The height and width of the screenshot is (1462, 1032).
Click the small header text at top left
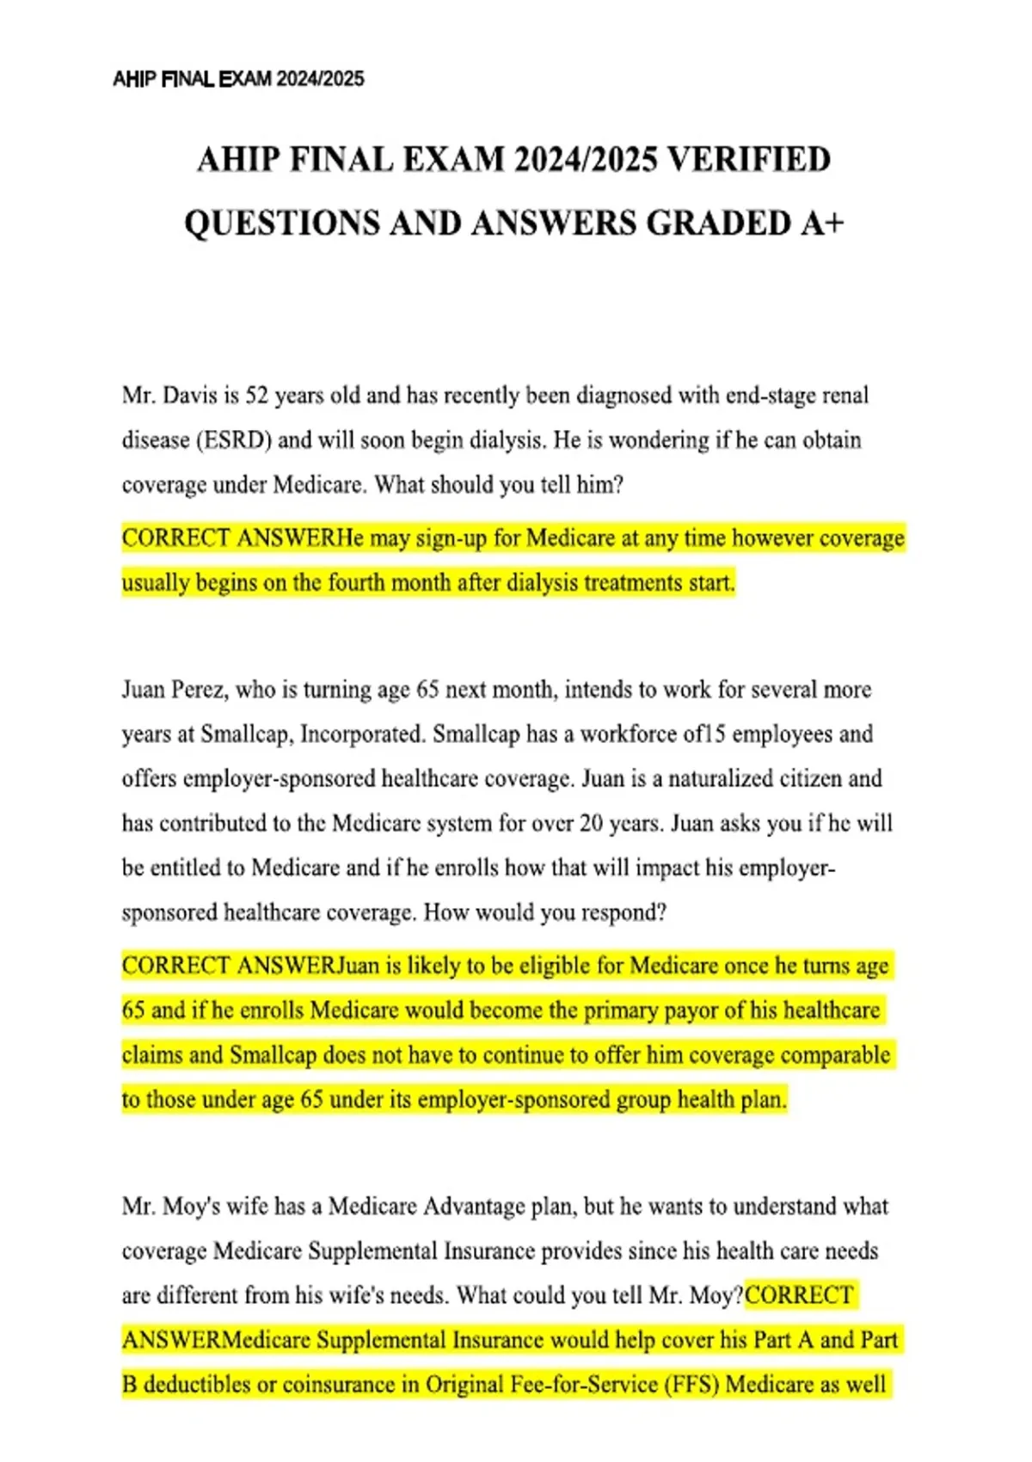pyautogui.click(x=238, y=79)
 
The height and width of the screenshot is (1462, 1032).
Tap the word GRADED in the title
pyautogui.click(x=718, y=224)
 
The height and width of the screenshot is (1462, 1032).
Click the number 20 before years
pyautogui.click(x=591, y=824)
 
